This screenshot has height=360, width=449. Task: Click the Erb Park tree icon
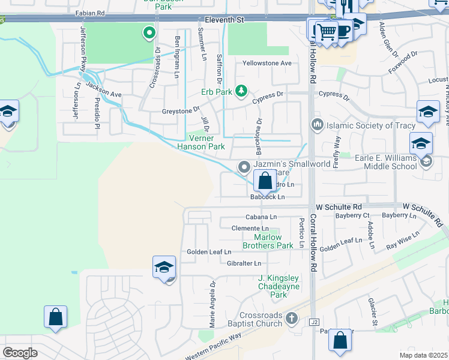coord(241,91)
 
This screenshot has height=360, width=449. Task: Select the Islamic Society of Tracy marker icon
coord(317,125)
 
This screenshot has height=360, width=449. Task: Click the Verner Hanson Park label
coord(201,142)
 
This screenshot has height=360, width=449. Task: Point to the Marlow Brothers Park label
coord(268,241)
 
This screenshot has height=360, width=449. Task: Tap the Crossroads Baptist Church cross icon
coord(292,318)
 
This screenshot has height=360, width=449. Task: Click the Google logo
coord(20,353)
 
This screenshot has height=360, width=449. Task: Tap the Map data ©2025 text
coord(423,355)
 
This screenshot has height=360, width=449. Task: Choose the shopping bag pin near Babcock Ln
coord(265,181)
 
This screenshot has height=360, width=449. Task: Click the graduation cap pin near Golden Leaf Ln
coord(164,268)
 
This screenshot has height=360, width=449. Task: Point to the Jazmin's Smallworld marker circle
coord(243,166)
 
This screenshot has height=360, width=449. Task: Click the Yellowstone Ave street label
coord(267,63)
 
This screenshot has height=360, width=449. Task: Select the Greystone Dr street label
coord(181,110)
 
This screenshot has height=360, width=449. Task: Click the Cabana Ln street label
coord(261,217)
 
